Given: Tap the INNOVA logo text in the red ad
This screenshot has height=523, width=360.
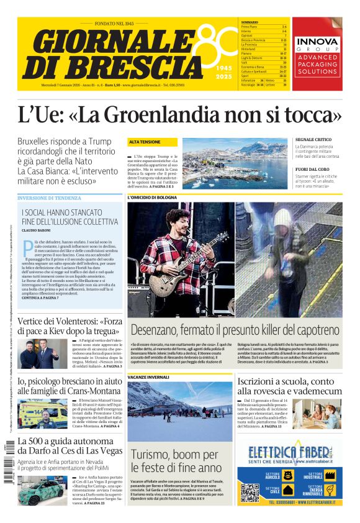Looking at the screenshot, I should click(317, 42).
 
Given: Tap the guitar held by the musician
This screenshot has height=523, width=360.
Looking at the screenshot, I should click(186, 264).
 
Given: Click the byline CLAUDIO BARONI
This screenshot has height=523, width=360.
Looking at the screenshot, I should click(38, 231).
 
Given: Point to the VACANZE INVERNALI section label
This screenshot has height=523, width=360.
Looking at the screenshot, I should click(148, 377).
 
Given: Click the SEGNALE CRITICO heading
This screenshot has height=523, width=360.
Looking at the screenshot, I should click(313, 140).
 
